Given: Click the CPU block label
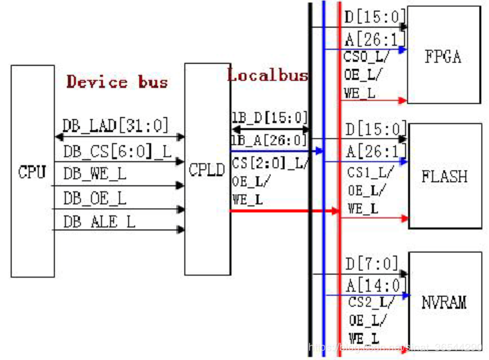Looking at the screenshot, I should point(32,172).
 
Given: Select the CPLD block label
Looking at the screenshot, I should point(207,170).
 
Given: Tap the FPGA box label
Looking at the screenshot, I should point(443,56).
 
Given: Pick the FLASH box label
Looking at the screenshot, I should point(444,177).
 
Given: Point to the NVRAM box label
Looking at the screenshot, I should point(445,302).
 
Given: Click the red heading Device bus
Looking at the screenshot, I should point(117,82).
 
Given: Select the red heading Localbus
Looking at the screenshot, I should point(268,75).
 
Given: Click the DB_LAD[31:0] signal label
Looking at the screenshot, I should point(116,125).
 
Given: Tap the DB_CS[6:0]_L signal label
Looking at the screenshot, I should point(118,151).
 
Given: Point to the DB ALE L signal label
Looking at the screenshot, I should point(99,221).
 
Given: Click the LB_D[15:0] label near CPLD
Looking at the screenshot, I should point(270,116).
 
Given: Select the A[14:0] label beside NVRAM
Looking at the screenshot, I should point(375,285).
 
